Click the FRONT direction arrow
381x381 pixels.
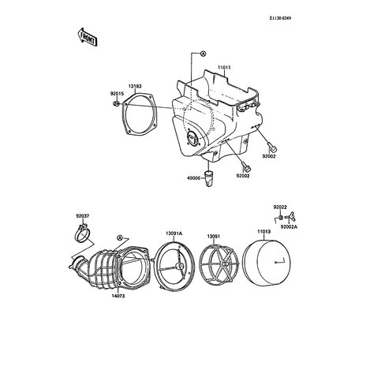tap(88, 37)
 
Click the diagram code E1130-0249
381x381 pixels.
tap(280, 18)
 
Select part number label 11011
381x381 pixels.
tap(224, 68)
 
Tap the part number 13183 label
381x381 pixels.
tap(135, 86)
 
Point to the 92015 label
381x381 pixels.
tap(117, 94)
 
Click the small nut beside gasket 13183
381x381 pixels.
tap(115, 103)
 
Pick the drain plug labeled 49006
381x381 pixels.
tap(209, 178)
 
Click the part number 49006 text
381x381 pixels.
tap(193, 178)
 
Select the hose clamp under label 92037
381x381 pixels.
tap(82, 233)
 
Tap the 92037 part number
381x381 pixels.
tap(83, 216)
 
